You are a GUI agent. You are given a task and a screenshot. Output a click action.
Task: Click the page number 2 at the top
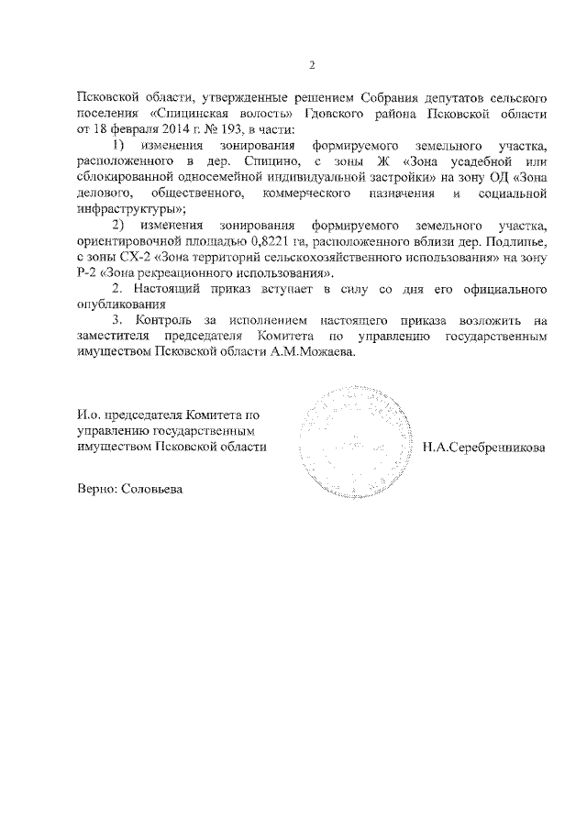point(312,65)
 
